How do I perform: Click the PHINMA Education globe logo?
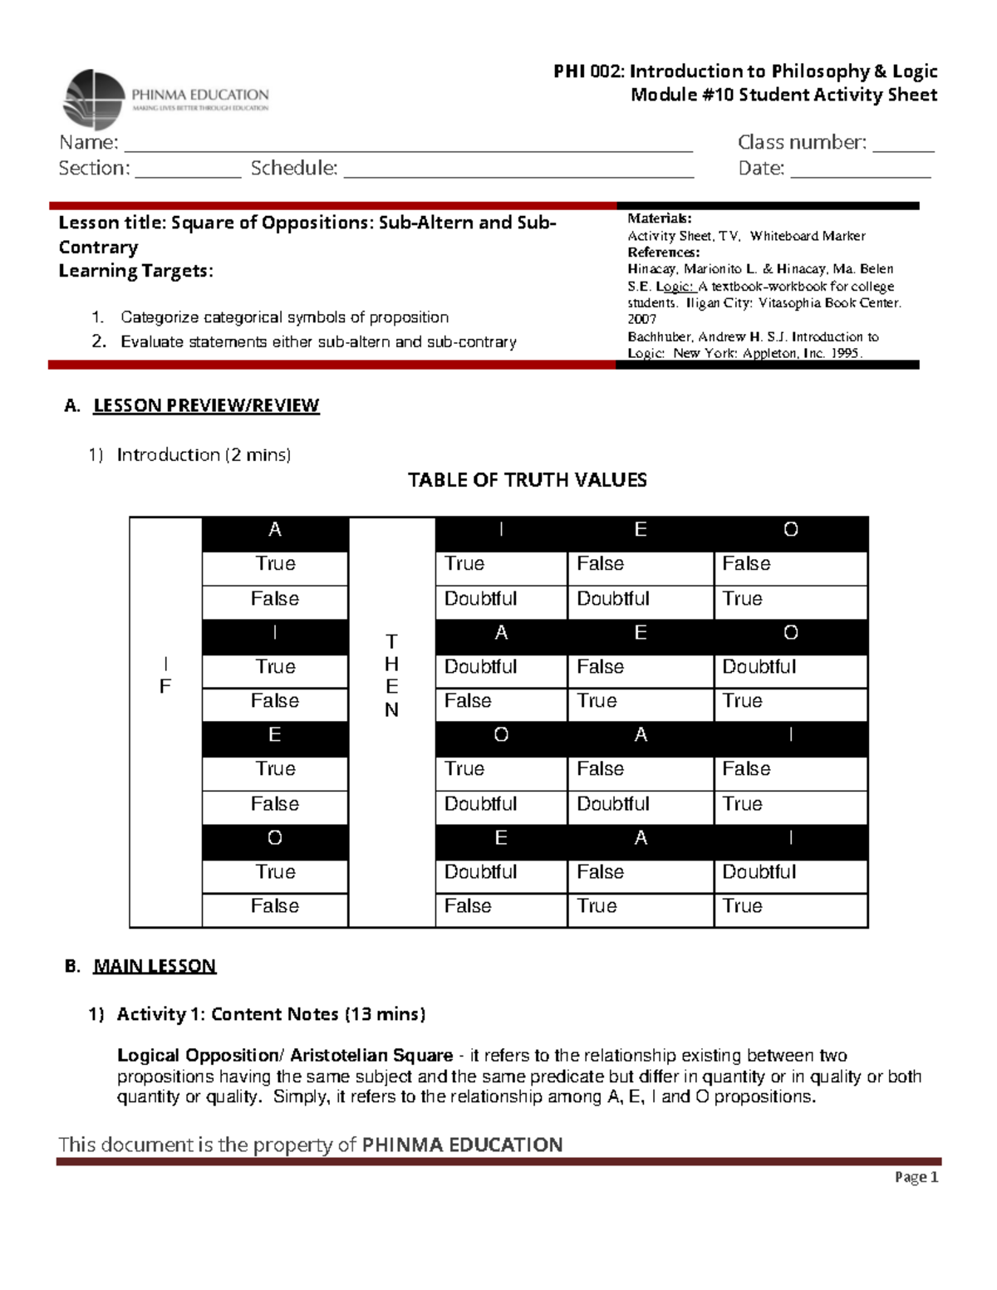coord(93,100)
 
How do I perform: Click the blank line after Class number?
coord(903,150)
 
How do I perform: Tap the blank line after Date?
coord(860,175)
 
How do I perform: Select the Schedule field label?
coord(294,168)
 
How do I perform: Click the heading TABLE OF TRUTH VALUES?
coord(527,480)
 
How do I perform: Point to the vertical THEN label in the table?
coord(391,674)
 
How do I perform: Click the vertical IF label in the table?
coord(165,674)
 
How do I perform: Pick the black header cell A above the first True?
coord(275,530)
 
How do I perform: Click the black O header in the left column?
coord(275,838)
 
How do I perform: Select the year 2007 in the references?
coord(641,319)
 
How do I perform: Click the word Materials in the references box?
coord(659,218)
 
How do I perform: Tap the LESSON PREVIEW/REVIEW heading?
coord(206,405)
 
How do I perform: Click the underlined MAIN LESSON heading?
coord(155,966)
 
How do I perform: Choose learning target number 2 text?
coord(318,342)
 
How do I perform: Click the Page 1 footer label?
coord(916,1177)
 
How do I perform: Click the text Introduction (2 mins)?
coord(204,454)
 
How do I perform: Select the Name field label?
coord(88,142)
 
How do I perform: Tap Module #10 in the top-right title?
coord(682,95)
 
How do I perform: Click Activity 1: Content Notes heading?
coord(271,1014)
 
